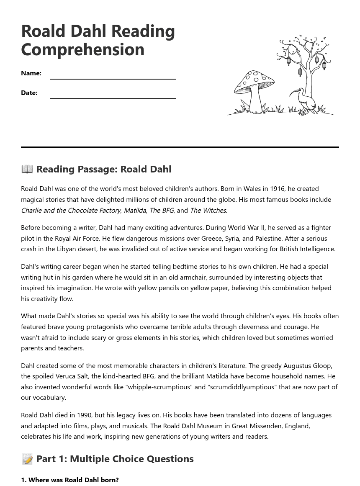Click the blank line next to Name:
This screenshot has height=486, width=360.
(x=113, y=75)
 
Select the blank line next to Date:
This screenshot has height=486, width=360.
(x=113, y=94)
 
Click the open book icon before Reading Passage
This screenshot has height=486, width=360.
(x=27, y=169)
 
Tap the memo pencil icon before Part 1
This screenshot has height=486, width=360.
(x=27, y=459)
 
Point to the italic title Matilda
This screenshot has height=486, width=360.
(x=135, y=210)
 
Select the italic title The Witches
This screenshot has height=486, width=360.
(x=208, y=210)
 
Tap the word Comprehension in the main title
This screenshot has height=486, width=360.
(x=83, y=49)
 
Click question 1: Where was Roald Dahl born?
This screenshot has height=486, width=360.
(x=70, y=480)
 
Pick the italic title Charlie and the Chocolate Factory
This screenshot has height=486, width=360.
(x=71, y=210)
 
